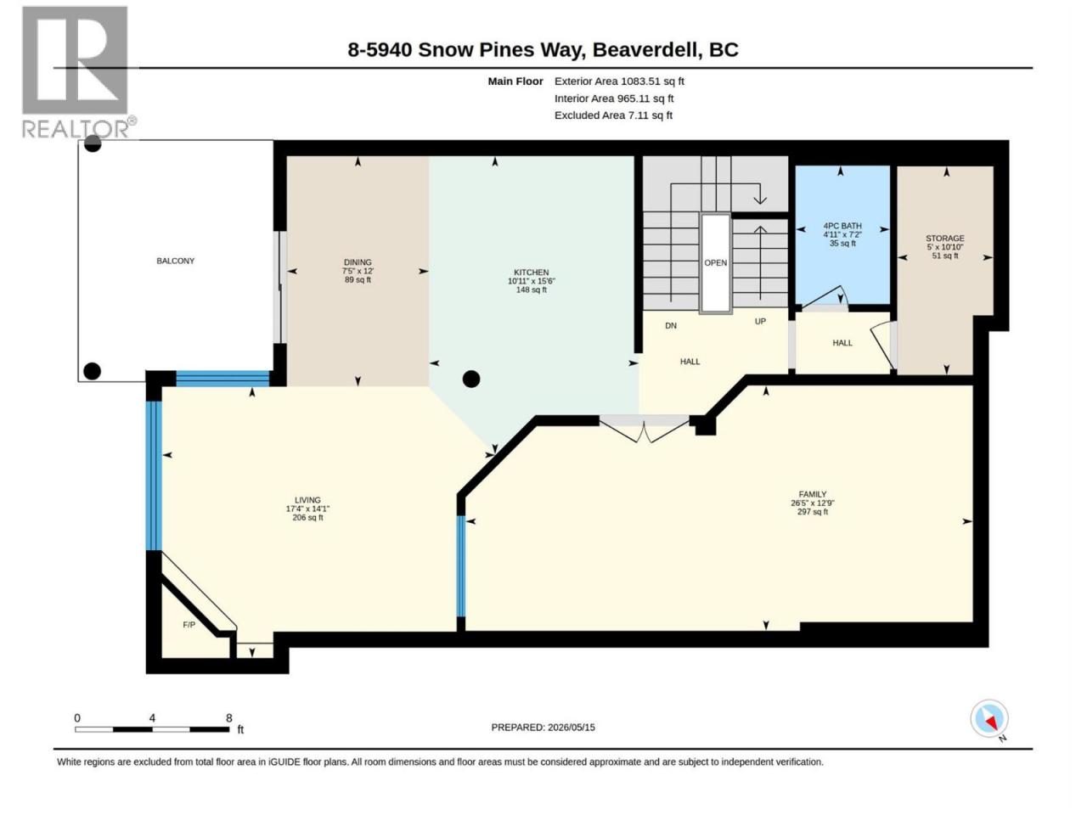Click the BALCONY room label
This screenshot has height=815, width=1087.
[175, 261]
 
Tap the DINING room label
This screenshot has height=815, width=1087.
[358, 262]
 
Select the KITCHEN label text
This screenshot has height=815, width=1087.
[532, 273]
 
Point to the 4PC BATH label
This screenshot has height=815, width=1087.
[842, 226]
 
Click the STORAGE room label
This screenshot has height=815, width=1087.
[945, 238]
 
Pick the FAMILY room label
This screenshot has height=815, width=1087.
[813, 494]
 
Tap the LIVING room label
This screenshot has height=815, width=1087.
[307, 500]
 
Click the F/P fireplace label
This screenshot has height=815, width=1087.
[189, 625]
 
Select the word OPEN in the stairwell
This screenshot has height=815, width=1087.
[716, 263]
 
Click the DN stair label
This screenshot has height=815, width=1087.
[671, 326]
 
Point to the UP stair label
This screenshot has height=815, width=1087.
[760, 321]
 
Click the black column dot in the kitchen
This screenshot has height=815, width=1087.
[471, 379]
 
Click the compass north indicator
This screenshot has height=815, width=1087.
[989, 718]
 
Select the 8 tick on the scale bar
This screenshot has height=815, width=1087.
[228, 717]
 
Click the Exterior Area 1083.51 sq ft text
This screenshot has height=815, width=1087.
[619, 81]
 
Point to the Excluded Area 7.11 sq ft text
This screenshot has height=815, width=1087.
[613, 115]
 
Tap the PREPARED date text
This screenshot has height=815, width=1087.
[543, 727]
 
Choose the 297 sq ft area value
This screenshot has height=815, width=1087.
[813, 512]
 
